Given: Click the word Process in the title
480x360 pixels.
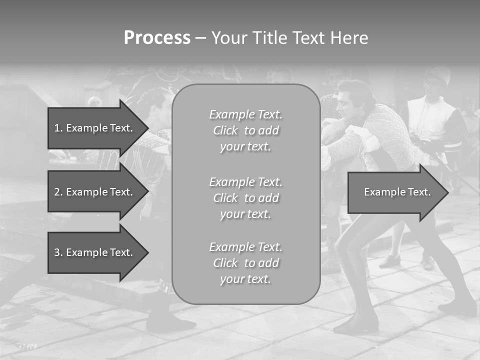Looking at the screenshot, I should pos(157,38).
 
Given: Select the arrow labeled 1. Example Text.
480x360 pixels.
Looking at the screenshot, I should pos(95,128).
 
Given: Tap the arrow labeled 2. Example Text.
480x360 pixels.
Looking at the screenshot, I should pos(95,192).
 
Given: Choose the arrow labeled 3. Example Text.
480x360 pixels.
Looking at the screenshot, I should pos(95,252).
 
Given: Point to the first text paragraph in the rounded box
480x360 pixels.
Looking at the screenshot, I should pos(246,130).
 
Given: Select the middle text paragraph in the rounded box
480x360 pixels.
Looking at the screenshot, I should pos(246,198).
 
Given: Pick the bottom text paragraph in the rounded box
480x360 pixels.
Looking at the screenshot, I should pos(246,263).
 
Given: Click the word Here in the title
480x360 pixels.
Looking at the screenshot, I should pos(349,38).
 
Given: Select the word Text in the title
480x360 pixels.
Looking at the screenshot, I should pos(309,38).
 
